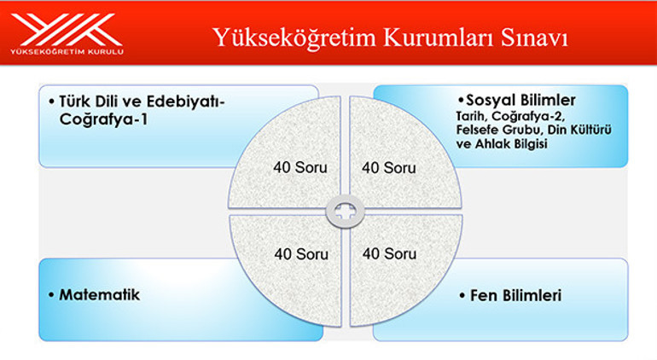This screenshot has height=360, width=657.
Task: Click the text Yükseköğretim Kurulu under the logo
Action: point(67,52)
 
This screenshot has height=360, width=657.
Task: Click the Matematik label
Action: point(99,295)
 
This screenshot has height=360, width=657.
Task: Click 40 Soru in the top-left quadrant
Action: point(300,168)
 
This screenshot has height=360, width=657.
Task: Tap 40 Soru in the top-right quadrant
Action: point(389,168)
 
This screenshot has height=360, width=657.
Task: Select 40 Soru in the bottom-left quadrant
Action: point(300,253)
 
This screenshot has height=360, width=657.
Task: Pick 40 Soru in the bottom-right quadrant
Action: point(389,253)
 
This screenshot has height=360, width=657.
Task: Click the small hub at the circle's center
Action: point(346,210)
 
